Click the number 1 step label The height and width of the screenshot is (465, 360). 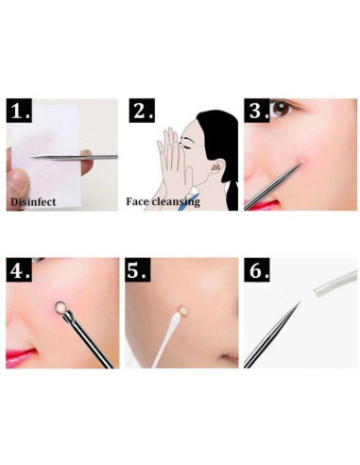(x=20, y=111)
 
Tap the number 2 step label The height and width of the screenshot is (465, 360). (x=142, y=111)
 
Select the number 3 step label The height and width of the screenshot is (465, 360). (x=257, y=111)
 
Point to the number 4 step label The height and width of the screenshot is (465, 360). (x=19, y=269)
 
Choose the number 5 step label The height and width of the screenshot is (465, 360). (x=138, y=269)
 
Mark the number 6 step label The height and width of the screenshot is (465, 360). (x=257, y=269)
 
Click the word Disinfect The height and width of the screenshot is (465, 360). (x=33, y=202)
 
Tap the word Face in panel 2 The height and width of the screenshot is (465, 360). (x=137, y=201)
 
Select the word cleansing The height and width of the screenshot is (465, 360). (x=176, y=202)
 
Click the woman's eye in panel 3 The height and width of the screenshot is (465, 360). (x=282, y=109)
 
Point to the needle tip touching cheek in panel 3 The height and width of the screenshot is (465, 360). (x=300, y=164)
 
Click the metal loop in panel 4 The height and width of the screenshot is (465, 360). (x=60, y=308)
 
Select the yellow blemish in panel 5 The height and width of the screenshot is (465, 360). (x=182, y=310)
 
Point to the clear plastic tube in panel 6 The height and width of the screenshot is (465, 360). (x=335, y=284)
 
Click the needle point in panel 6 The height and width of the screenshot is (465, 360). (x=299, y=303)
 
